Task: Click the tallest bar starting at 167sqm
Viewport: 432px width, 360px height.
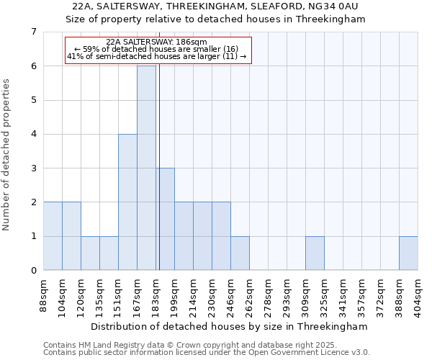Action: click(146, 168)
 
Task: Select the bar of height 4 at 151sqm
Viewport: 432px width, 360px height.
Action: click(127, 202)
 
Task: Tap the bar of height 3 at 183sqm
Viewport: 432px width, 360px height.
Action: click(165, 219)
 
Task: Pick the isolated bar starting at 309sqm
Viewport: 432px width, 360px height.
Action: click(315, 253)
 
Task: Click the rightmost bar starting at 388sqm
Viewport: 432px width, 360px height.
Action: click(408, 253)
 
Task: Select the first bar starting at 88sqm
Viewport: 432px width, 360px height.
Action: click(53, 235)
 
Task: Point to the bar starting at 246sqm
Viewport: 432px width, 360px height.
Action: click(240, 253)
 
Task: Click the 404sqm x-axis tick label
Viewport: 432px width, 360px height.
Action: click(418, 294)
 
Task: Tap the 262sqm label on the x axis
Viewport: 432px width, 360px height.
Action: click(249, 294)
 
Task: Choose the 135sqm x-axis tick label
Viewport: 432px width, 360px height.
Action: click(99, 294)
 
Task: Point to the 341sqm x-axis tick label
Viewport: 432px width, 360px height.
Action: click(343, 294)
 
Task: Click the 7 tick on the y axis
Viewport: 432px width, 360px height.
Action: click(33, 32)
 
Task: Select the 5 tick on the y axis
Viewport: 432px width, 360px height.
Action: click(33, 100)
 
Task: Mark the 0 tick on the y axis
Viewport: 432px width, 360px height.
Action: click(33, 270)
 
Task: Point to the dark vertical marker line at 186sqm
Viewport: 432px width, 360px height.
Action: click(158, 180)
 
